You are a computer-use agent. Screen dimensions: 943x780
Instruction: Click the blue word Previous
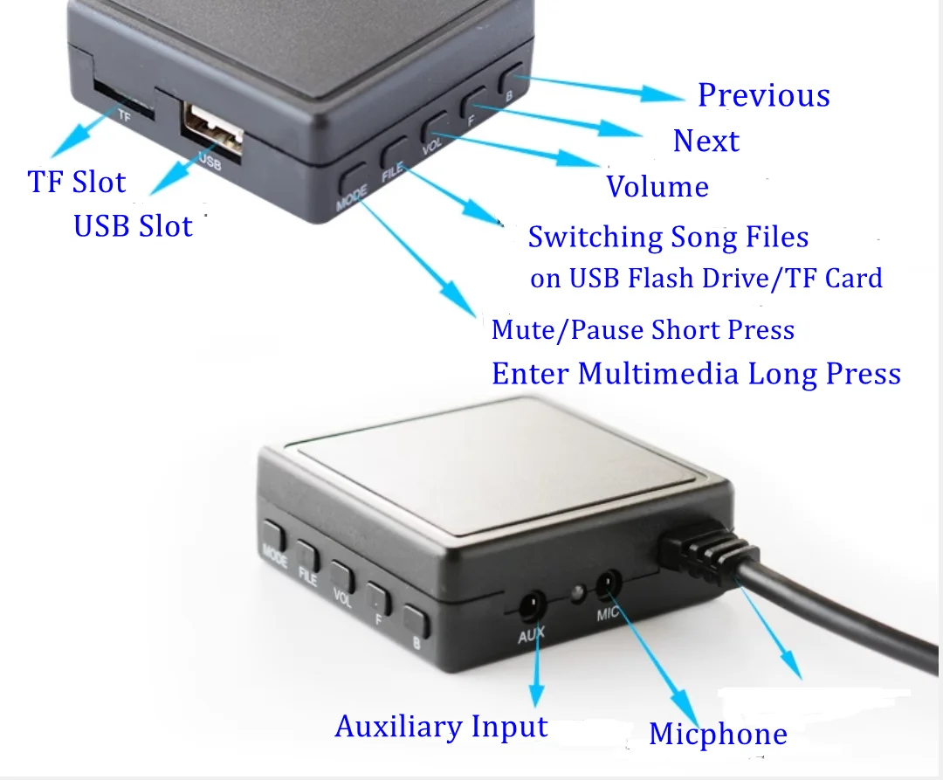(764, 95)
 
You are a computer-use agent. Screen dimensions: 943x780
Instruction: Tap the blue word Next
(706, 142)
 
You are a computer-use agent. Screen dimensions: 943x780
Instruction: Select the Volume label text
(657, 186)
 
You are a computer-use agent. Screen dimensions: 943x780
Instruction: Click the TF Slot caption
(77, 182)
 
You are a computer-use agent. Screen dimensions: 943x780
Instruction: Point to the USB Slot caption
(133, 227)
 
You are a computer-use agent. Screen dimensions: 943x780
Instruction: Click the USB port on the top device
(213, 128)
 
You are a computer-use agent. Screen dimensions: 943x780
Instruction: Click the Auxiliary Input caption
(442, 727)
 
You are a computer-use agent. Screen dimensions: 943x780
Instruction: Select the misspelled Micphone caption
(718, 734)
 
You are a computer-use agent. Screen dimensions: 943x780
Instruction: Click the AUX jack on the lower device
(532, 606)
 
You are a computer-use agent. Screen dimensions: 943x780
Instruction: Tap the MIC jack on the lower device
(608, 584)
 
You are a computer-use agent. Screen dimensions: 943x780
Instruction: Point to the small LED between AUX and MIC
(577, 594)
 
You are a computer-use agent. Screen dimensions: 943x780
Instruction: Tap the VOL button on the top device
(435, 127)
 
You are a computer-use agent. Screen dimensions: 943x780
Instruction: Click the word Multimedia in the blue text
(658, 374)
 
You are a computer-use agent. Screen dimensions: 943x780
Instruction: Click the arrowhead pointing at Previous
(662, 94)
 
